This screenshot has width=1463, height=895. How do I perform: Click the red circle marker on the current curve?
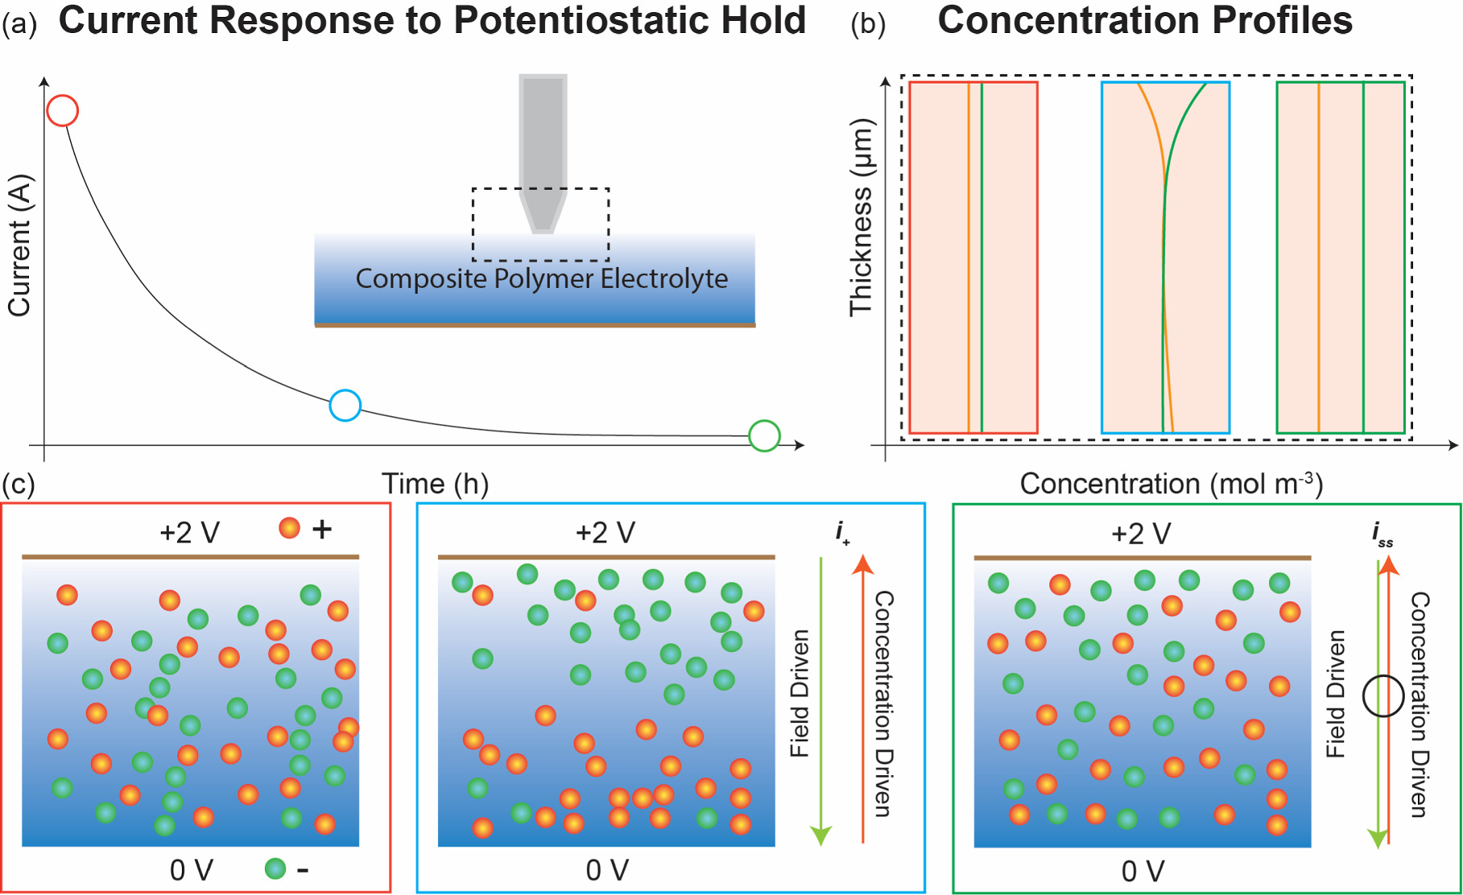coord(62,110)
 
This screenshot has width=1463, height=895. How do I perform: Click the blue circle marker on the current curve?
coord(345,405)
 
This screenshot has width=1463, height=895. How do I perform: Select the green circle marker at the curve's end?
coord(763,435)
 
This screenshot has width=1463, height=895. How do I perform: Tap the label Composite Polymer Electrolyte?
coord(541,278)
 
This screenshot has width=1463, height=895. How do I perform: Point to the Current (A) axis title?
coord(19,245)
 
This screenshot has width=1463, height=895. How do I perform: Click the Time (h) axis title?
coord(435,484)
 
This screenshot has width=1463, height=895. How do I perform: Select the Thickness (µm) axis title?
coord(861,217)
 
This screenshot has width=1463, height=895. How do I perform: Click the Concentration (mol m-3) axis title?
coord(1171,484)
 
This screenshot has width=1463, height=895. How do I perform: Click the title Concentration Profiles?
coord(1144,20)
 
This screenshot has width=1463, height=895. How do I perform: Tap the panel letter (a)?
coord(19,24)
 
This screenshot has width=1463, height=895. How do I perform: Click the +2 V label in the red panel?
coord(189,533)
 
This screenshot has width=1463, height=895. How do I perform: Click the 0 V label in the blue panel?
coord(606,870)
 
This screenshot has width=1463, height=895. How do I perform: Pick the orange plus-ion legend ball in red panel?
coord(289,528)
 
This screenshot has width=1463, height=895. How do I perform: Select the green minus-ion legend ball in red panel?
coord(275,868)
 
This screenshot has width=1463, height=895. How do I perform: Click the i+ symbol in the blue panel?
coord(842,532)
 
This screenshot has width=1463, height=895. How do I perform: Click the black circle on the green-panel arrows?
coord(1383,695)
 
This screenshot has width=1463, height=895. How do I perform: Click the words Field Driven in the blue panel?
coord(800,693)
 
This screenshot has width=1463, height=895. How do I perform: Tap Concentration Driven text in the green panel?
coord(1420,704)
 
